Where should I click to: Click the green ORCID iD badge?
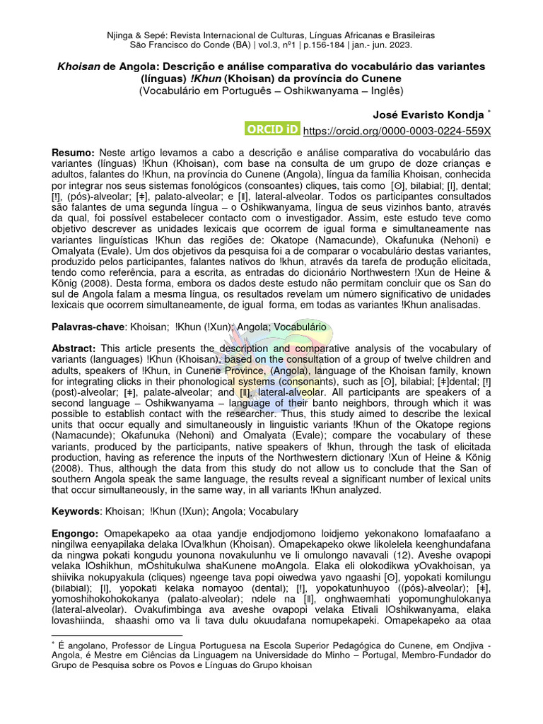coord(272,130)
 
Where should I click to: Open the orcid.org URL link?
coord(396,132)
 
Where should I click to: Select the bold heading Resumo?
coord(73,153)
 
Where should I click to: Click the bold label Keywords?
coord(76,510)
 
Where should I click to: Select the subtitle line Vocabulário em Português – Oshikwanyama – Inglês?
coord(271,90)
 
